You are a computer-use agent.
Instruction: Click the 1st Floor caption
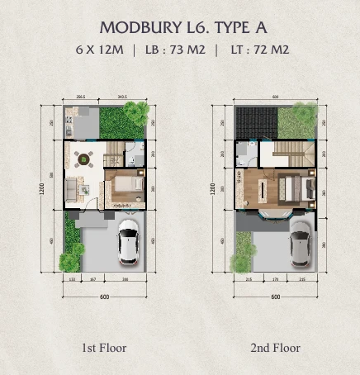click(103, 348)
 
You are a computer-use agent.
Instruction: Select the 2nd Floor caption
click(275, 348)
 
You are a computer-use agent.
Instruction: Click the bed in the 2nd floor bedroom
click(295, 189)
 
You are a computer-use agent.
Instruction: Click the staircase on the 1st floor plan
click(115, 153)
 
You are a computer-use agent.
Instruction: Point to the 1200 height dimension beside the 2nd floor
click(213, 189)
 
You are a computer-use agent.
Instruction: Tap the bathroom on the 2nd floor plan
click(245, 155)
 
